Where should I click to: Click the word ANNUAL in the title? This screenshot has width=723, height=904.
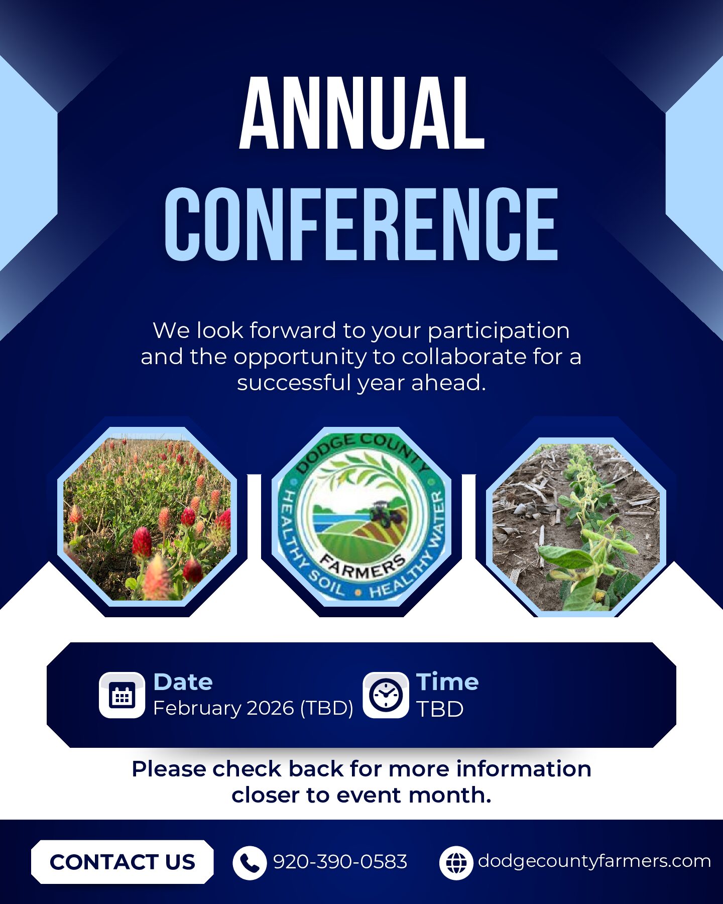(361, 113)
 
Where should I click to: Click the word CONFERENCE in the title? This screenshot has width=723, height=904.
(361, 224)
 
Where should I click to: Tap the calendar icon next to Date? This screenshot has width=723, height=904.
(122, 695)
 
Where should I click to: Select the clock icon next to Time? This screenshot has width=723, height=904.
(386, 695)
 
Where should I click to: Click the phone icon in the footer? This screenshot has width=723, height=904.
(250, 863)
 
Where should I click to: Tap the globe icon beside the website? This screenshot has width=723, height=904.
(456, 863)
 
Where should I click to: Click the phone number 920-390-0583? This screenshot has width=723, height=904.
(340, 862)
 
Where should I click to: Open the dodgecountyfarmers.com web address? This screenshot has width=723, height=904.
(594, 861)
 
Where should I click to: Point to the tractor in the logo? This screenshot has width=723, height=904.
(386, 513)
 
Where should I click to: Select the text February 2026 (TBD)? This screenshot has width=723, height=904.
(253, 708)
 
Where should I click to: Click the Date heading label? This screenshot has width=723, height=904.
(183, 682)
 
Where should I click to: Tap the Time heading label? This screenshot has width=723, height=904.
(447, 682)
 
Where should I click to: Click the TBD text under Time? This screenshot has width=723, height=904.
(440, 709)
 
